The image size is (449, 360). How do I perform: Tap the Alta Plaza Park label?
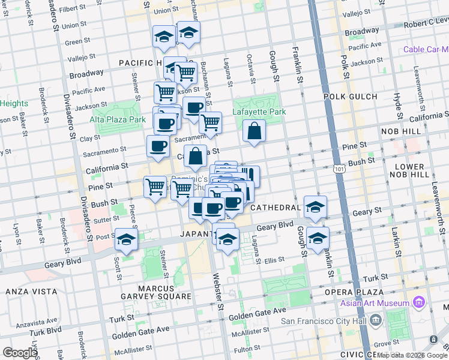pos(118,119)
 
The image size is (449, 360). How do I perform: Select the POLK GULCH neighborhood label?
pos(348,96)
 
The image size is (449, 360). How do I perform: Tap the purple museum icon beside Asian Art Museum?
pos(419,303)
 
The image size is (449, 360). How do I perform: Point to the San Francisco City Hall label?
pos(324,321)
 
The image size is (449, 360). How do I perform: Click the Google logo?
pos(20,352)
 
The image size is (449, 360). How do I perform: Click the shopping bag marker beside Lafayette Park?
pos(255,130)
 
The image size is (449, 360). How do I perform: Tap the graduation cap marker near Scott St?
pos(126,239)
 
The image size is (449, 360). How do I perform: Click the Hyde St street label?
pos(397,106)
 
